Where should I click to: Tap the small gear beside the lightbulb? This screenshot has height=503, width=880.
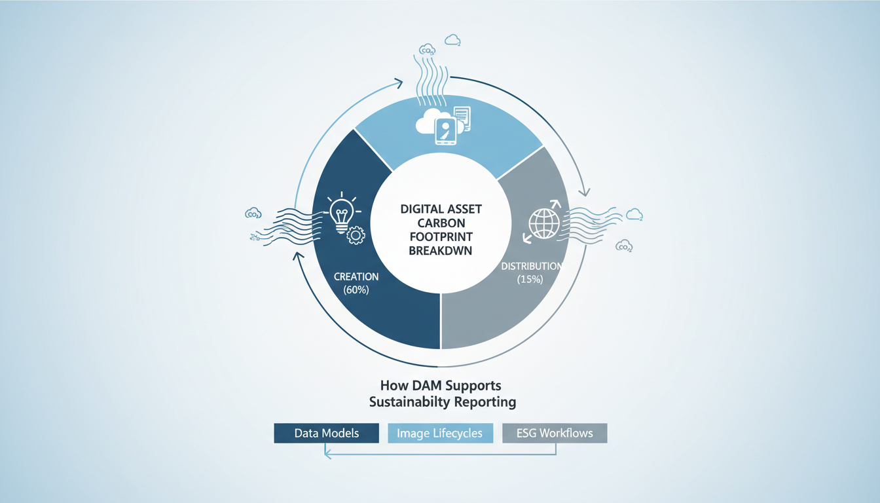click(356, 235)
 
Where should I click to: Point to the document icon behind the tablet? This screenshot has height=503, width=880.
click(462, 119)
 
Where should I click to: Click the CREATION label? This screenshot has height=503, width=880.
click(356, 276)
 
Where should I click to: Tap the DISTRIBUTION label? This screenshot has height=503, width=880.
click(531, 267)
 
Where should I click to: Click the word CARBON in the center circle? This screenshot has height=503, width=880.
click(440, 223)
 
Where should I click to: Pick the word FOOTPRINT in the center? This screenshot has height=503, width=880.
click(440, 236)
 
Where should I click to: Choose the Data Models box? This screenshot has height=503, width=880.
click(326, 433)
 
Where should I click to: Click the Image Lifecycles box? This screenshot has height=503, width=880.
click(440, 433)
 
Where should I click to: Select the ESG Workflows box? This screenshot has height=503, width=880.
click(555, 433)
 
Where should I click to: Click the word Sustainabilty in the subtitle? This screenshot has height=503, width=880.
click(403, 401)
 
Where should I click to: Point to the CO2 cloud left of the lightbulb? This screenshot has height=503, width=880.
click(253, 213)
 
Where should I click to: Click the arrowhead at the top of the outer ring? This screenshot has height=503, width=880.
click(398, 83)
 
